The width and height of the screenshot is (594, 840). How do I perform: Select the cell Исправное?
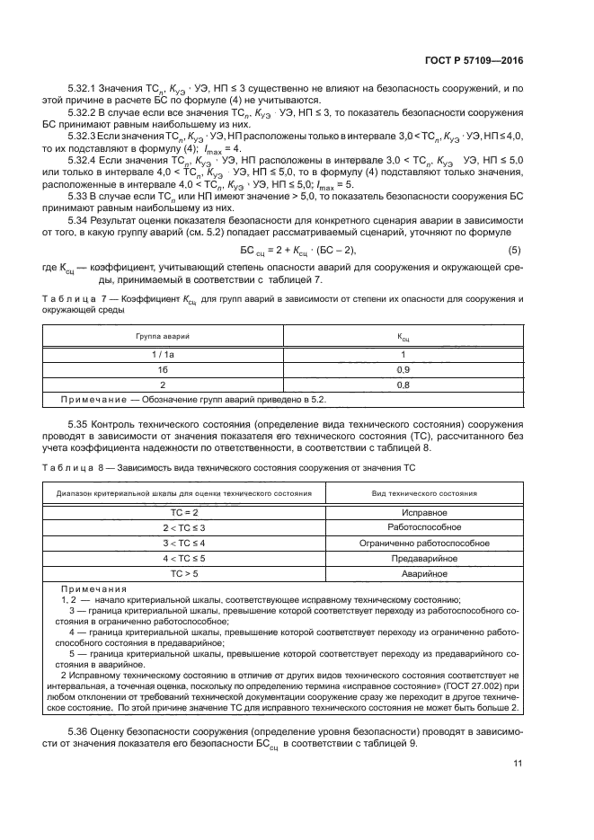click(424, 511)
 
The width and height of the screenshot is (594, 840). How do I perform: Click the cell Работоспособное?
click(424, 526)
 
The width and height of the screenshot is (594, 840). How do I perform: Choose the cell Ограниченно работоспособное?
click(424, 543)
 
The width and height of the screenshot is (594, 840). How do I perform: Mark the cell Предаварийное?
click(424, 558)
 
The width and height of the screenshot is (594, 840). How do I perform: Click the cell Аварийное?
click(424, 573)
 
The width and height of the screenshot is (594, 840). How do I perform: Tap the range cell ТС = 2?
click(184, 511)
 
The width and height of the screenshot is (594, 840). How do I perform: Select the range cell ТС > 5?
click(184, 573)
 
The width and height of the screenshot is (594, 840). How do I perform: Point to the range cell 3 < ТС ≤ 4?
click(184, 543)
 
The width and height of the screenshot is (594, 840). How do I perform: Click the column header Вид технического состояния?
click(424, 493)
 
